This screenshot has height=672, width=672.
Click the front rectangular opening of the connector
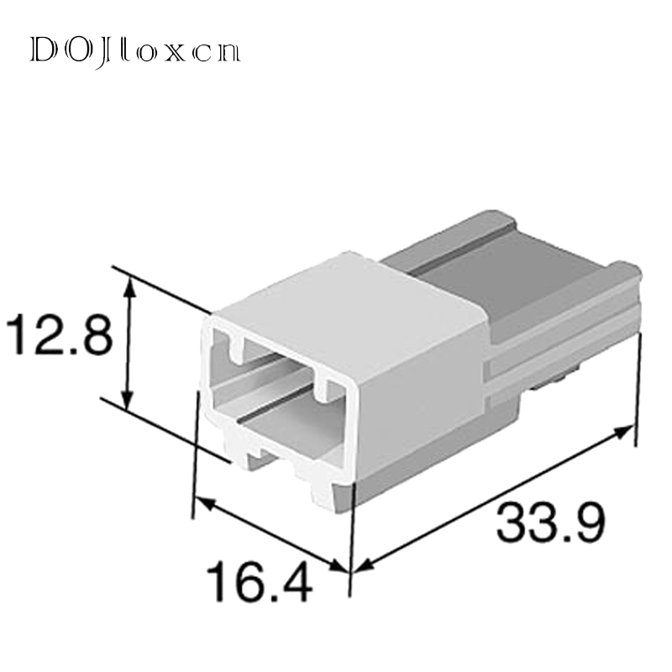tap(277, 395)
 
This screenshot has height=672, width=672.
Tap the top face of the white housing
tap(353, 290)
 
